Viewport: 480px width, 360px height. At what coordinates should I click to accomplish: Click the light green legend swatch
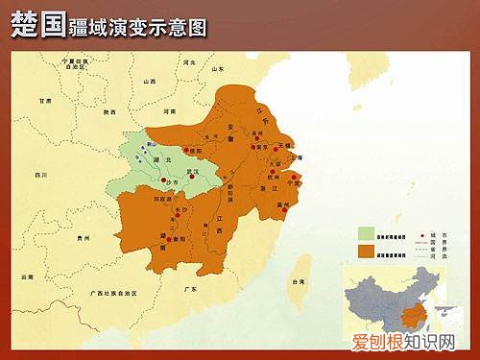366,232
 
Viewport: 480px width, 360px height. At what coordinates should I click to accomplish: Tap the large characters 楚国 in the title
36,26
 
